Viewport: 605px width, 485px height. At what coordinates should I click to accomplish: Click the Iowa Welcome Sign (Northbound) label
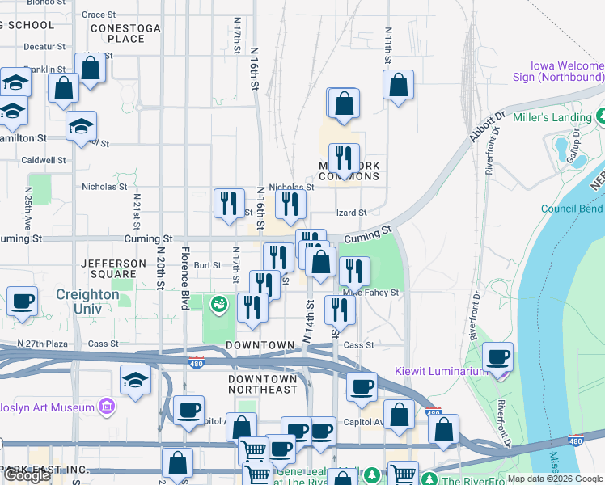pyautogui.click(x=567, y=72)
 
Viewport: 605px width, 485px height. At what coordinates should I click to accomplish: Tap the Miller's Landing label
pyautogui.click(x=563, y=118)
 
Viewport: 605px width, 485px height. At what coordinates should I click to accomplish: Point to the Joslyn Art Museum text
pyautogui.click(x=47, y=407)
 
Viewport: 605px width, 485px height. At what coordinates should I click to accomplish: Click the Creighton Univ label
pyautogui.click(x=88, y=296)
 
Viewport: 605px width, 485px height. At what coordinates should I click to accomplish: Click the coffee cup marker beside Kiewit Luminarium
pyautogui.click(x=497, y=356)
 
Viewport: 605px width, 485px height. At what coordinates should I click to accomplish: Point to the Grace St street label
pyautogui.click(x=99, y=15)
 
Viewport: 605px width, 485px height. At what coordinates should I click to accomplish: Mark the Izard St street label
pyautogui.click(x=352, y=213)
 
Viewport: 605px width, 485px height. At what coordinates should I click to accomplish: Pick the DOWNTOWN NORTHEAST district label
pyautogui.click(x=262, y=384)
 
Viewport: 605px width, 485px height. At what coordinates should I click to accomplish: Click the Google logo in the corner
pyautogui.click(x=27, y=475)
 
